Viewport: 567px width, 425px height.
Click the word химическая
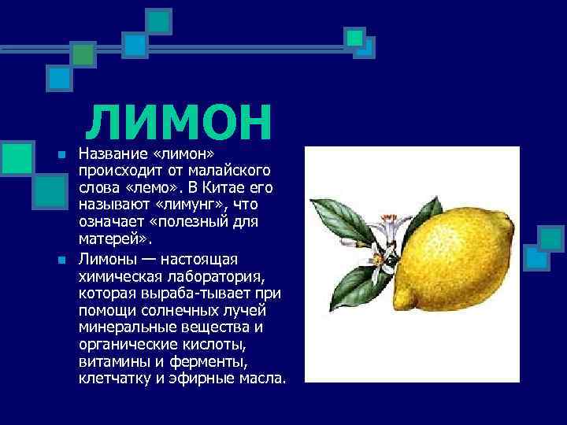tap(117, 276)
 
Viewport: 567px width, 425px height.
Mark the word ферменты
tap(213, 362)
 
